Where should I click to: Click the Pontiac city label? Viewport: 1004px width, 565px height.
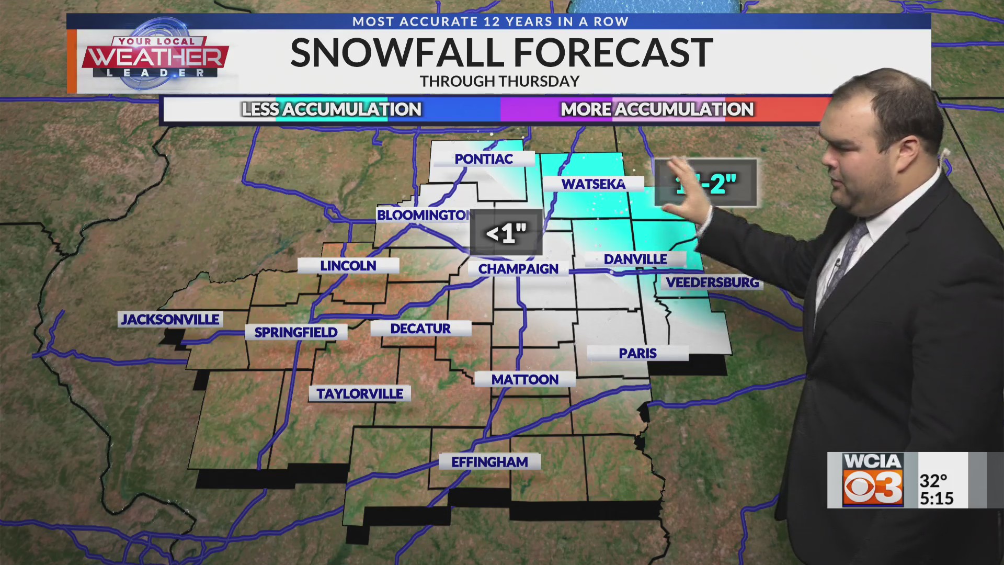(484, 159)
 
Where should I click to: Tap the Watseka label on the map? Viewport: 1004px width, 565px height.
(594, 184)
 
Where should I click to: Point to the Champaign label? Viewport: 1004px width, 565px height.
(518, 269)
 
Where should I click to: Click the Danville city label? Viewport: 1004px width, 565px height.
(635, 259)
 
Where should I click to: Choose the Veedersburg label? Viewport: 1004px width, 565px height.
(712, 282)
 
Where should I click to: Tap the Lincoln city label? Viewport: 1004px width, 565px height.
(348, 266)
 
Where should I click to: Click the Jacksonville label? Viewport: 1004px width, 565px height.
(170, 320)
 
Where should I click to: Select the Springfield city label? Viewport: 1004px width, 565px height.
(296, 332)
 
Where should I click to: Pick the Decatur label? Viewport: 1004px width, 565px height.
(420, 329)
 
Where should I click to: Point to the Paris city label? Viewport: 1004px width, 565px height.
(637, 354)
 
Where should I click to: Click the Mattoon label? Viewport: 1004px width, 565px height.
(525, 380)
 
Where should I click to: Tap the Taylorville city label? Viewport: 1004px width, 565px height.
(360, 394)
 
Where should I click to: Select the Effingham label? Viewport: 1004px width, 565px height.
(489, 462)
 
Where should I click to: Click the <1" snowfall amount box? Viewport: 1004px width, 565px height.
(506, 233)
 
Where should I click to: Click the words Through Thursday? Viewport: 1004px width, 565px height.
(499, 82)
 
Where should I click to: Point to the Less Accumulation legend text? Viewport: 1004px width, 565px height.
(332, 109)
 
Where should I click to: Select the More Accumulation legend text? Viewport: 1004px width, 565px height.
(657, 109)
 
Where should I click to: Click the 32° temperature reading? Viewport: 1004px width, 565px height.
(933, 480)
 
